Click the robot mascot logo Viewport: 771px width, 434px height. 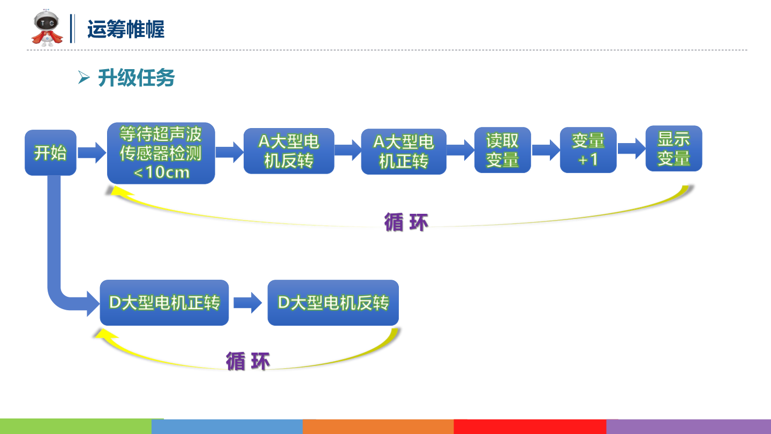pyautogui.click(x=47, y=27)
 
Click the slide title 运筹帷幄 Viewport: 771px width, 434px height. pyautogui.click(x=126, y=29)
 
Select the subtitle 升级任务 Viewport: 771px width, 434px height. pyautogui.click(x=137, y=78)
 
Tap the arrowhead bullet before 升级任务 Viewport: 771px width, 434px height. pyautogui.click(x=83, y=78)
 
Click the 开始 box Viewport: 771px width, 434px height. pyautogui.click(x=50, y=153)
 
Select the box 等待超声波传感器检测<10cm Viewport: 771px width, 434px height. pyautogui.click(x=161, y=153)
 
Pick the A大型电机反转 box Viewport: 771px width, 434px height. pyautogui.click(x=289, y=151)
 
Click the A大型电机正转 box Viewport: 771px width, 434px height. pyautogui.click(x=403, y=152)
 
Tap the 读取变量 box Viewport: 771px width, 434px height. pyautogui.click(x=502, y=150)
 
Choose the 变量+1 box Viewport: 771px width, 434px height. pyautogui.click(x=588, y=150)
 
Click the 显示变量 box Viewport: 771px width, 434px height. pyautogui.click(x=674, y=148)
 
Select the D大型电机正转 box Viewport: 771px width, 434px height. pyautogui.click(x=164, y=303)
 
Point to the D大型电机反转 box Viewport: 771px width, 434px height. pyautogui.click(x=333, y=303)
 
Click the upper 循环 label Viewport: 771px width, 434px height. pyautogui.click(x=406, y=222)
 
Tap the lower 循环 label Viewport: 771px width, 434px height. pyautogui.click(x=247, y=361)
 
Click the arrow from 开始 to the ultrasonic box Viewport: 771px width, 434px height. pyautogui.click(x=92, y=153)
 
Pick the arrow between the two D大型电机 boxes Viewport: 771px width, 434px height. pyautogui.click(x=248, y=303)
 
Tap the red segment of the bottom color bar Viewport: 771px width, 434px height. pyautogui.click(x=530, y=426)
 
